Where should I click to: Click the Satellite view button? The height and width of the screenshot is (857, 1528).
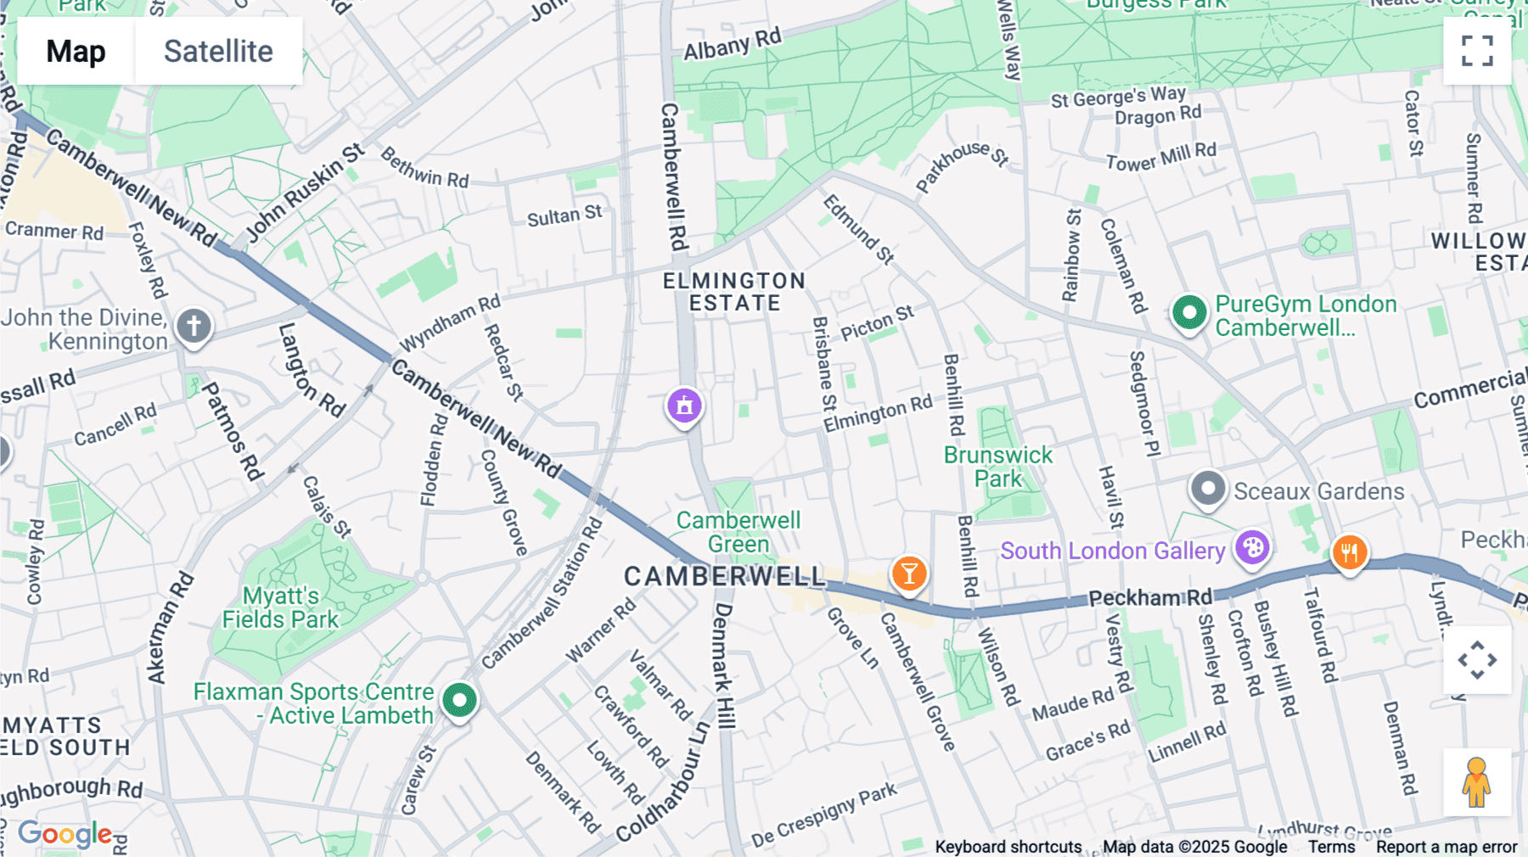pyautogui.click(x=218, y=51)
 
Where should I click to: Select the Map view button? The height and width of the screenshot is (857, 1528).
pyautogui.click(x=76, y=51)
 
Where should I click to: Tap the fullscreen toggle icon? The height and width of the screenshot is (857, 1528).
pyautogui.click(x=1477, y=51)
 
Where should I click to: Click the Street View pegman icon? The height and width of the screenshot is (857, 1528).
pyautogui.click(x=1476, y=782)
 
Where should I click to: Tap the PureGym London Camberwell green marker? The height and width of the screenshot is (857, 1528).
pyautogui.click(x=1189, y=313)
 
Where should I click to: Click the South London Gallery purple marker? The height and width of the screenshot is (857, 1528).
pyautogui.click(x=1252, y=547)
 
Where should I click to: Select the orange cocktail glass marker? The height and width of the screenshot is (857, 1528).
pyautogui.click(x=908, y=574)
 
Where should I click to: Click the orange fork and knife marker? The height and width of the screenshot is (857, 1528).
pyautogui.click(x=1349, y=553)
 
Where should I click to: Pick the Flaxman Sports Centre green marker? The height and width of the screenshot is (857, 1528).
pyautogui.click(x=459, y=702)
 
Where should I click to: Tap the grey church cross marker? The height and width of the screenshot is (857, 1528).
pyautogui.click(x=194, y=326)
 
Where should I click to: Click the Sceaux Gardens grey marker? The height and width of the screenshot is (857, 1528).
pyautogui.click(x=1207, y=490)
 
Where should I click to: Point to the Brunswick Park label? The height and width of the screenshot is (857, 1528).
pyautogui.click(x=998, y=467)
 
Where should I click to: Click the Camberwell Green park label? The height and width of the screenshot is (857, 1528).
pyautogui.click(x=739, y=532)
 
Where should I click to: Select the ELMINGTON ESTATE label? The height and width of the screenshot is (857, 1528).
pyautogui.click(x=734, y=292)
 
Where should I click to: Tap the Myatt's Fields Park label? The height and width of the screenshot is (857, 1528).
pyautogui.click(x=280, y=608)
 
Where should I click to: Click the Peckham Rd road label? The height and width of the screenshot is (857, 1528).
pyautogui.click(x=1150, y=598)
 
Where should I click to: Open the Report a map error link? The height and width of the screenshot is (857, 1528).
pyautogui.click(x=1447, y=847)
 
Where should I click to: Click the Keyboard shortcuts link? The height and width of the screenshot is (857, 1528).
pyautogui.click(x=1008, y=847)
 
